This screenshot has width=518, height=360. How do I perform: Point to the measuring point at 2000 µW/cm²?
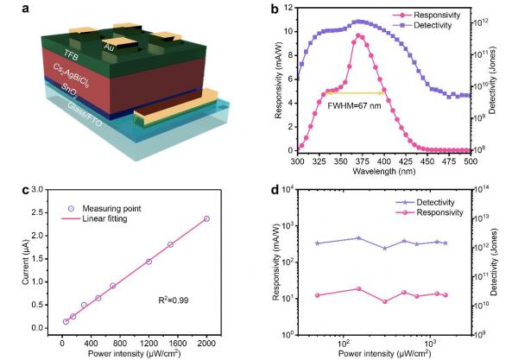(206, 218)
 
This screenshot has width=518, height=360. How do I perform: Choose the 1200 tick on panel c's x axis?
(148, 342)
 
